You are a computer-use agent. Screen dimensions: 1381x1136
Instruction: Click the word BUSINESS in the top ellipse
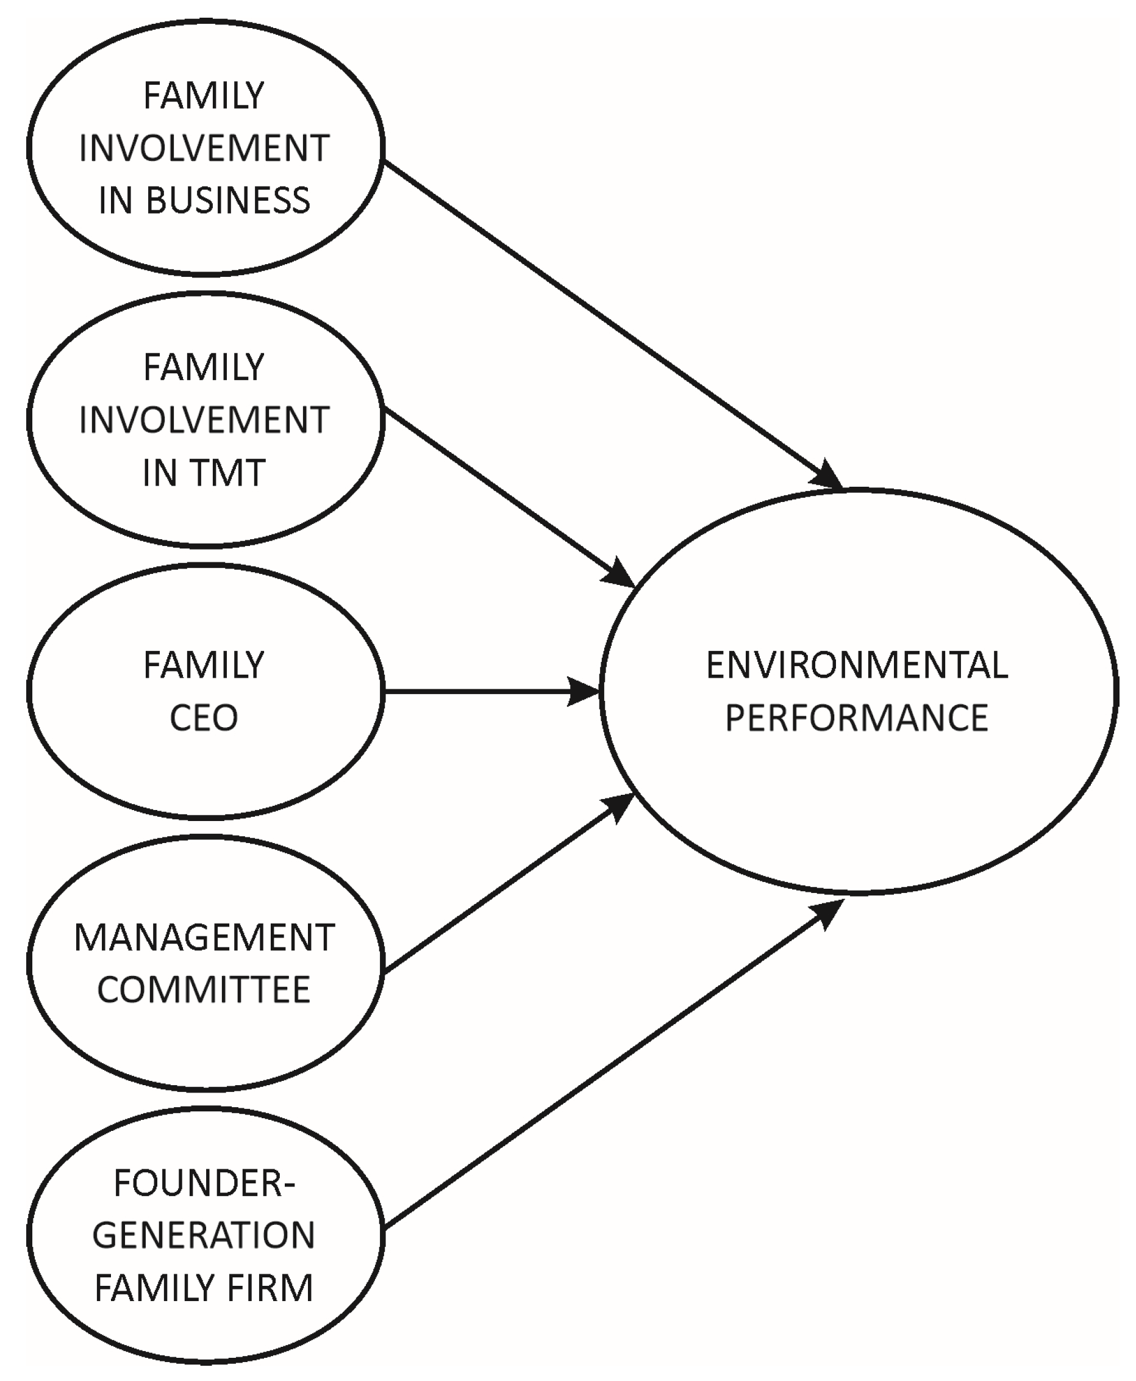point(227,200)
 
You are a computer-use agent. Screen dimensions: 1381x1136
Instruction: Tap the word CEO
point(204,718)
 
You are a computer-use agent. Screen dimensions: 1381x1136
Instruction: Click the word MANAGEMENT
point(204,938)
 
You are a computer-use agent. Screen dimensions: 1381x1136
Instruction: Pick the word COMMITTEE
point(204,989)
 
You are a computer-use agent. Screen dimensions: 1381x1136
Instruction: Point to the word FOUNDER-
point(204,1183)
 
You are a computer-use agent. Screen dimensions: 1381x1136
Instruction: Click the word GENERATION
point(204,1236)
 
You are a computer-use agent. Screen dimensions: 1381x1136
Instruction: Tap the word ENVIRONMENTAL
point(857,665)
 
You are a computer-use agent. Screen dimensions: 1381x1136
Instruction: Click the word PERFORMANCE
point(857,718)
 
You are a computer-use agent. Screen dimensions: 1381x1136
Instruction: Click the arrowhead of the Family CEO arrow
point(584,691)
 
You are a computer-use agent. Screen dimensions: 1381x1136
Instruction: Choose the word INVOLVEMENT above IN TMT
point(204,420)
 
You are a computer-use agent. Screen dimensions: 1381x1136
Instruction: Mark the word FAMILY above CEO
point(204,665)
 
